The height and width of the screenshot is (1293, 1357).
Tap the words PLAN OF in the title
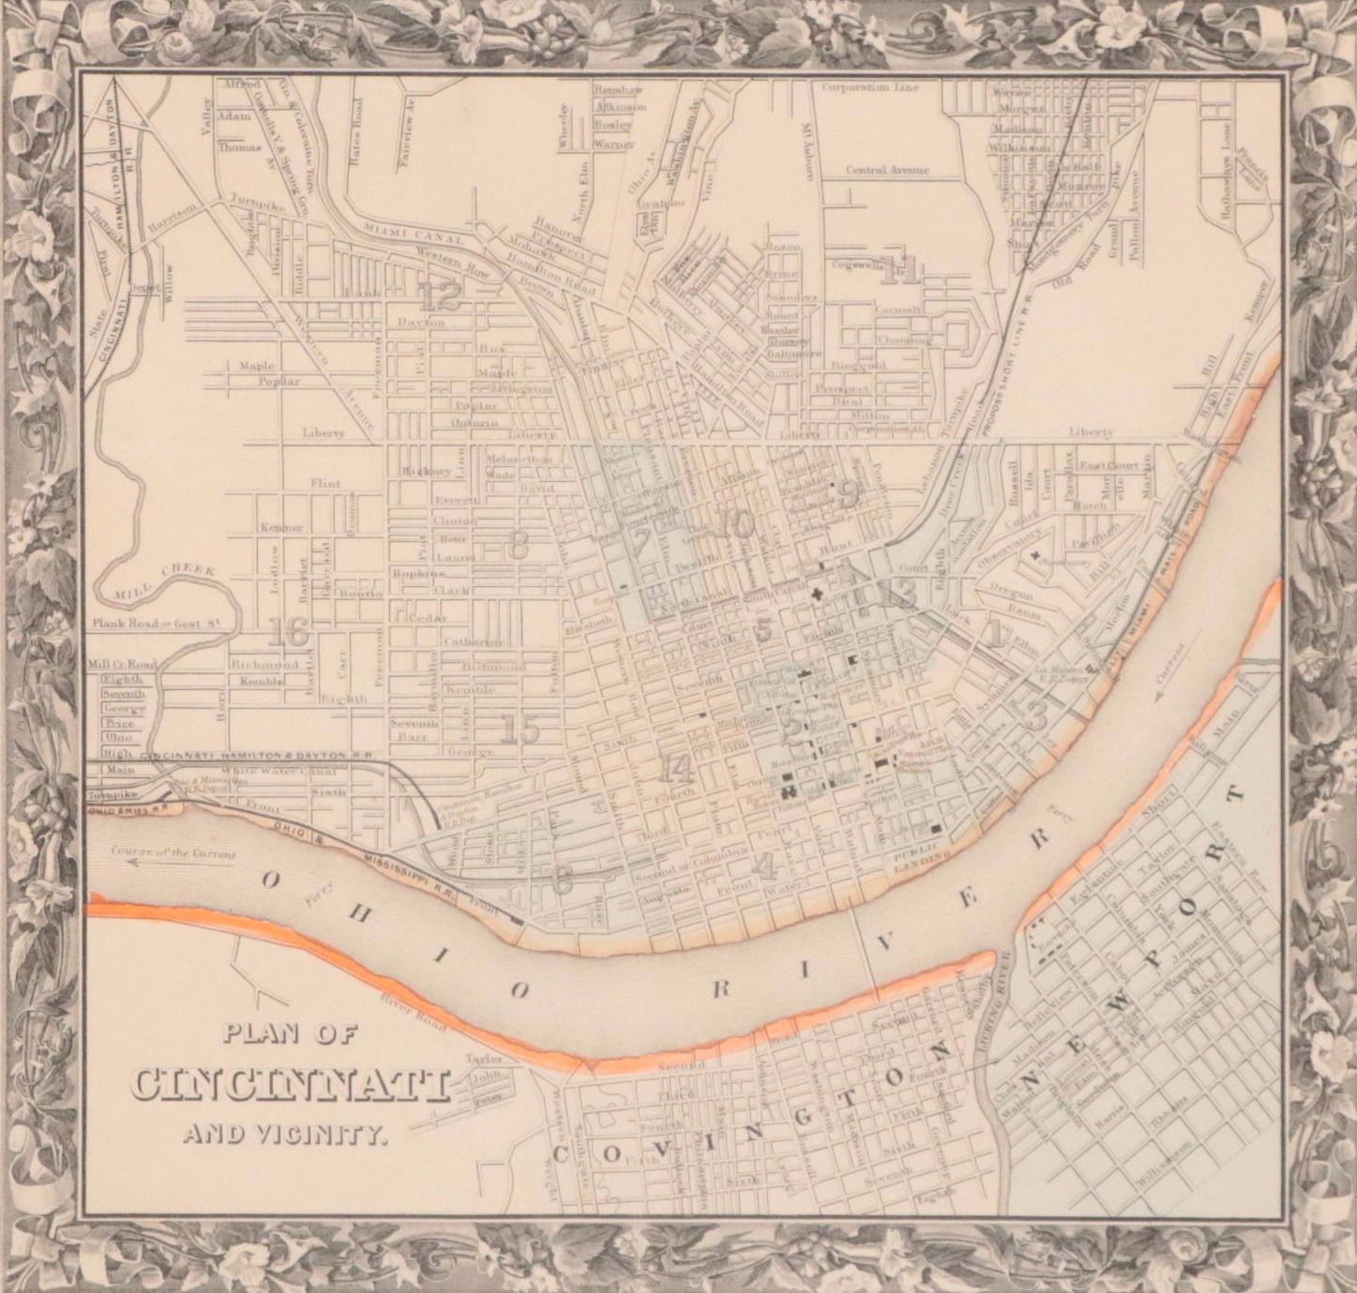(x=291, y=1035)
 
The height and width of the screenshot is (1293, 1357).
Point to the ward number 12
(x=440, y=297)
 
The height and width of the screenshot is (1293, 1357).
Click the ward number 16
(x=287, y=633)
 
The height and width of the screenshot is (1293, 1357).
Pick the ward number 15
(x=519, y=729)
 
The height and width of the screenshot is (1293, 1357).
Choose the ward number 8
(x=517, y=546)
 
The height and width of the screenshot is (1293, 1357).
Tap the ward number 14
(x=675, y=769)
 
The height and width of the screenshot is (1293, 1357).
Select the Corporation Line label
(x=870, y=87)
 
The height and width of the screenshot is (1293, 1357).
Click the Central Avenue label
(x=886, y=171)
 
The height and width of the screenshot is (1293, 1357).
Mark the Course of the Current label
(x=173, y=855)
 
